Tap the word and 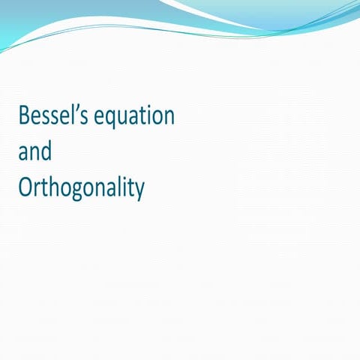click(35, 152)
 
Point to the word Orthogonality click(81, 189)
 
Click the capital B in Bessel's click(24, 116)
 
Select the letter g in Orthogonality click(77, 192)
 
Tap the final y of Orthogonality click(138, 192)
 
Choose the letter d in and click(46, 151)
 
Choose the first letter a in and click(24, 153)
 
